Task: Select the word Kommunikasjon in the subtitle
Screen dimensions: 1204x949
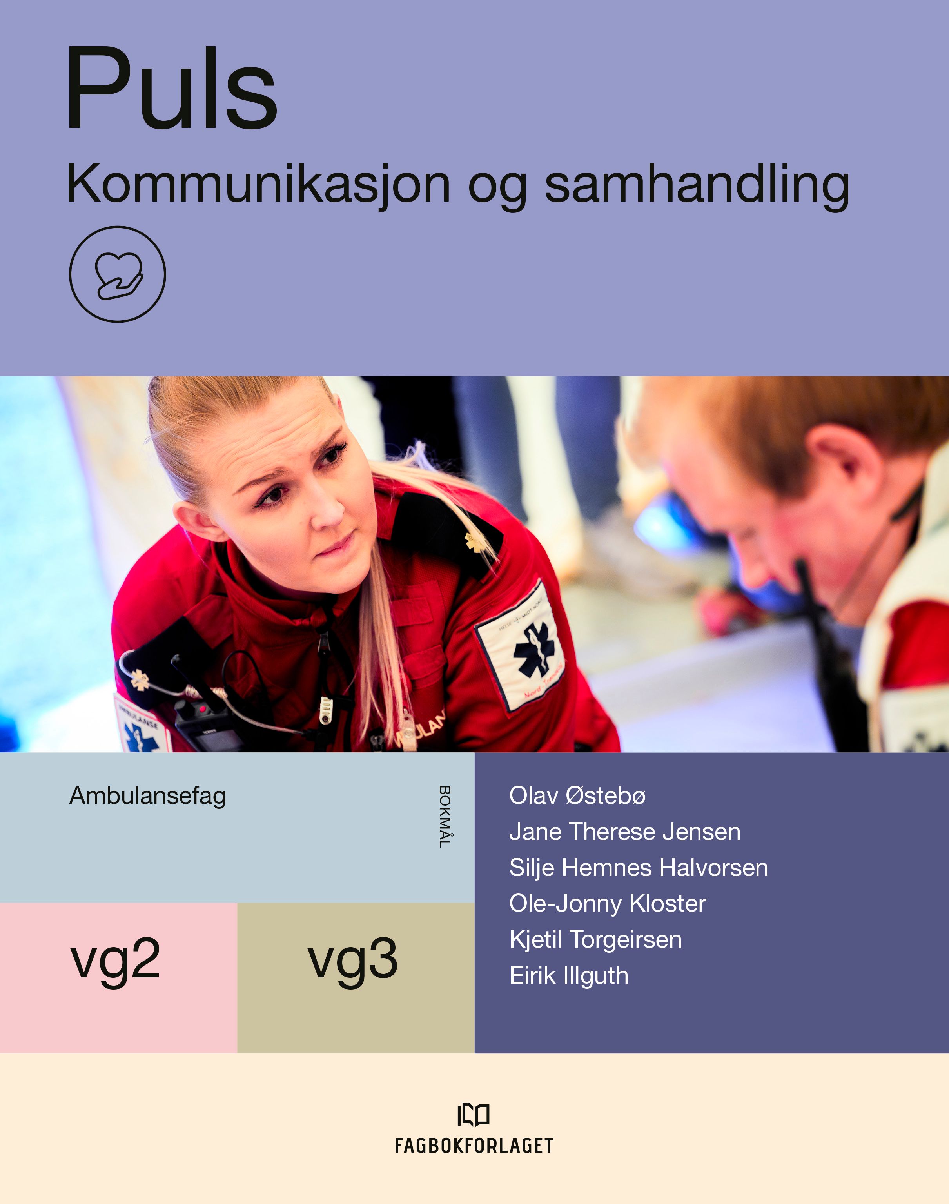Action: pos(258,184)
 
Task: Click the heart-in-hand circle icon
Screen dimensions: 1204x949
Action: pos(117,274)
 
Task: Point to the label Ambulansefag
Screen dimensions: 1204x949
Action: pos(147,795)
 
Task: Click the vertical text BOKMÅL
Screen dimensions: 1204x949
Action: pos(445,816)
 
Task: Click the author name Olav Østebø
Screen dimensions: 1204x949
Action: pos(577,795)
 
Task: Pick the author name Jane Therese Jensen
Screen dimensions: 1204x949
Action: pos(624,832)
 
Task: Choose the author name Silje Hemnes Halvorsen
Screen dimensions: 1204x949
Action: pos(639,868)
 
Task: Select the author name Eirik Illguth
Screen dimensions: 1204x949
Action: pos(569,976)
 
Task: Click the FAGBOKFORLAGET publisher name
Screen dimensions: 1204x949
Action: pos(474,1146)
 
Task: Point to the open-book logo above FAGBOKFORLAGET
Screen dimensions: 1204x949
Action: pos(474,1115)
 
